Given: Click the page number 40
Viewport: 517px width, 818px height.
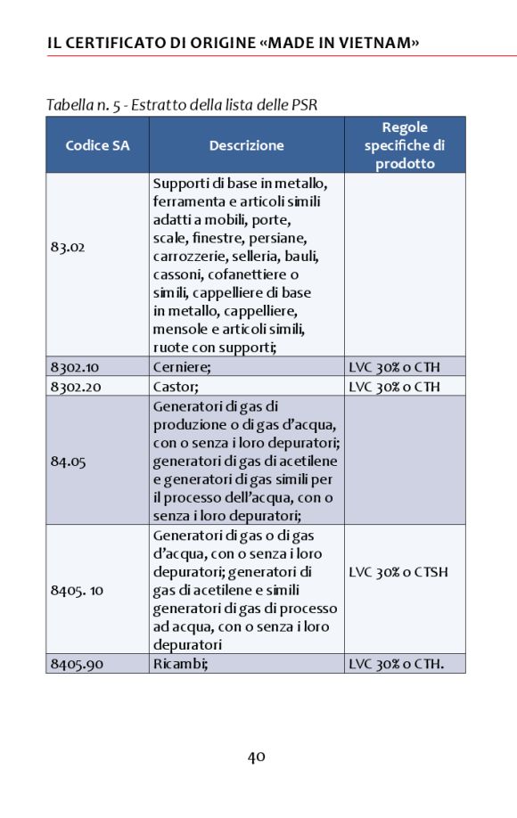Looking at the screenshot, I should tap(257, 757).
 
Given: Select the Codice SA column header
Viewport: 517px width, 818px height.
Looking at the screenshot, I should tap(97, 145).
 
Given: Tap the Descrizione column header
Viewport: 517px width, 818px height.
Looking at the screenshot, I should tap(246, 145).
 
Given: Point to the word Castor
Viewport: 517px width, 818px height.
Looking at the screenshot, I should tap(171, 386).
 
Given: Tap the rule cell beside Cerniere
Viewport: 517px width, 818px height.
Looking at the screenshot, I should tap(394, 366).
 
